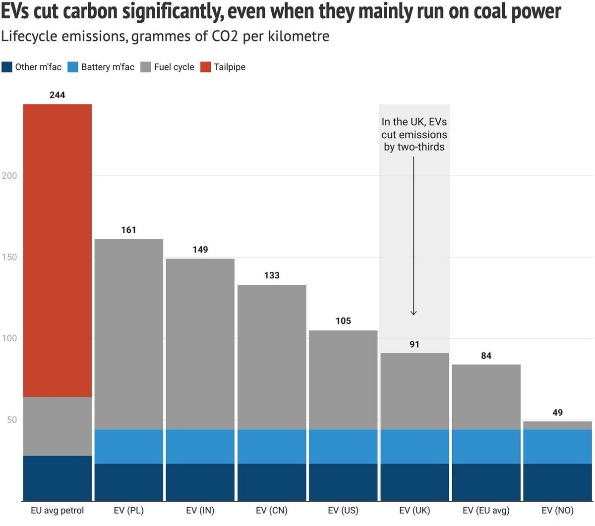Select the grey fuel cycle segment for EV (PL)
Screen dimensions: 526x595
click(129, 334)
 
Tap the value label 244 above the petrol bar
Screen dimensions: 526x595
click(58, 95)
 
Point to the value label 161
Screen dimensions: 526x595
click(129, 230)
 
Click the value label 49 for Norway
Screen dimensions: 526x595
click(557, 413)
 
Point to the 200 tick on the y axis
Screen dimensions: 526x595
click(9, 176)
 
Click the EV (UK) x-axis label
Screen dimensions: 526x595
click(415, 511)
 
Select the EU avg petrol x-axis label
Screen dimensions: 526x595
click(58, 511)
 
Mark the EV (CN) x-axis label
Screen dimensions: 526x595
click(272, 511)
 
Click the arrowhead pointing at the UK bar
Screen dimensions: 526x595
click(414, 313)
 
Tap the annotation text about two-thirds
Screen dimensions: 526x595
click(414, 134)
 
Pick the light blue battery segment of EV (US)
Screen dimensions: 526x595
click(343, 446)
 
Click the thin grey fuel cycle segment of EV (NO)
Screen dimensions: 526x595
click(557, 425)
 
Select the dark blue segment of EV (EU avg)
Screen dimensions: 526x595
click(486, 482)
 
